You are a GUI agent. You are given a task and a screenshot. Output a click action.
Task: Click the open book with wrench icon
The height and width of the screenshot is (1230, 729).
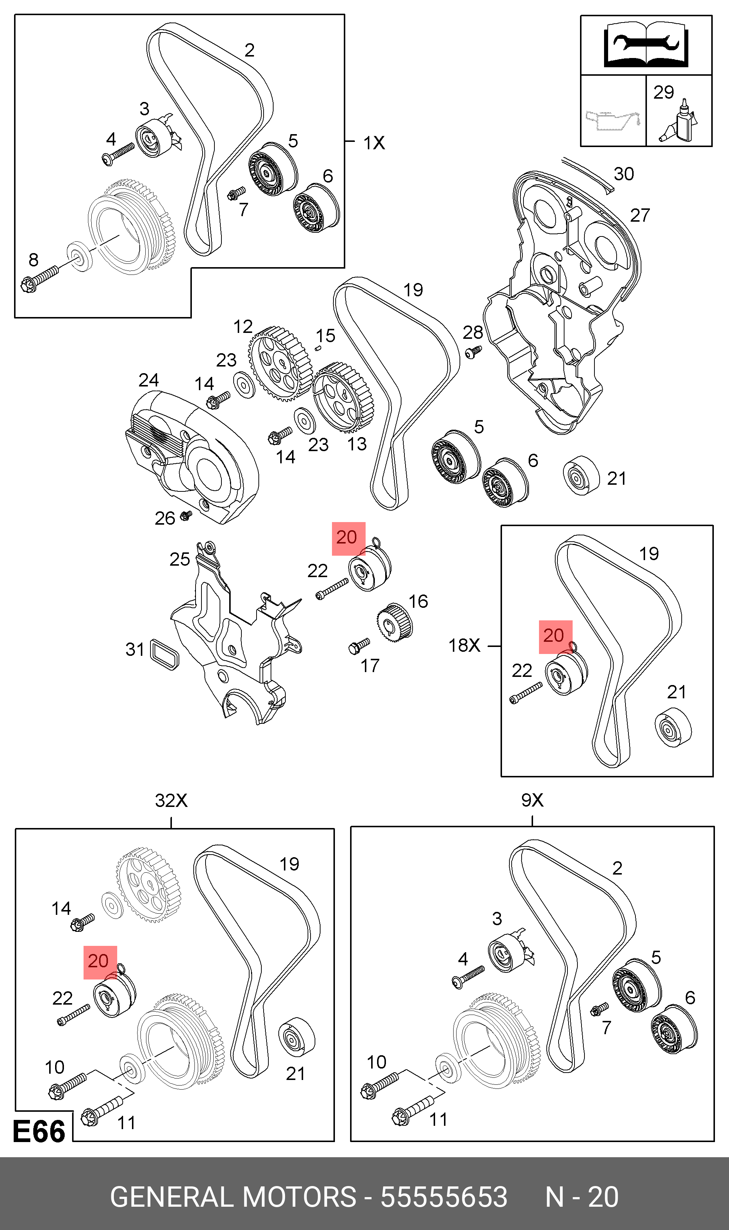click(x=645, y=46)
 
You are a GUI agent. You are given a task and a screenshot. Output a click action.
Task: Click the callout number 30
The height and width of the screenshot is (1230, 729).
click(x=623, y=174)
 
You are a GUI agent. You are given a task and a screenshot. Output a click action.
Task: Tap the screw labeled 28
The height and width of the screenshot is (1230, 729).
click(x=474, y=351)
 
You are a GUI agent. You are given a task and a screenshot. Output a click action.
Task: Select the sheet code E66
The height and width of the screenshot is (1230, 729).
click(x=39, y=1131)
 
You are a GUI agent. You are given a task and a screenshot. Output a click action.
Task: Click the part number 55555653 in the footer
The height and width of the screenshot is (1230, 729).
click(x=444, y=1197)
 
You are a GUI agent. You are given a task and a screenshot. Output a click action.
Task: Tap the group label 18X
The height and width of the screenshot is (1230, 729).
click(x=464, y=645)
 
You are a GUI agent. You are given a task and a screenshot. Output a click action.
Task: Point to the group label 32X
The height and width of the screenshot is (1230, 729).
click(x=171, y=801)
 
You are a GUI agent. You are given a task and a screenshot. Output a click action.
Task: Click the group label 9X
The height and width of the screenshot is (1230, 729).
click(x=532, y=801)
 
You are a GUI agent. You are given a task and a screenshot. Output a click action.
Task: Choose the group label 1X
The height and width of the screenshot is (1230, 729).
click(x=374, y=143)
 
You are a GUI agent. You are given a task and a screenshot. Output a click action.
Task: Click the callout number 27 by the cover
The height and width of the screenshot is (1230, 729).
click(x=640, y=215)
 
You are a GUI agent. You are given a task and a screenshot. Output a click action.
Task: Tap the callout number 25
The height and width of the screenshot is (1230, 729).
click(x=179, y=559)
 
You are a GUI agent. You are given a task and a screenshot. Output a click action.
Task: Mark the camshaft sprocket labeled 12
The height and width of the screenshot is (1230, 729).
click(x=279, y=363)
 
